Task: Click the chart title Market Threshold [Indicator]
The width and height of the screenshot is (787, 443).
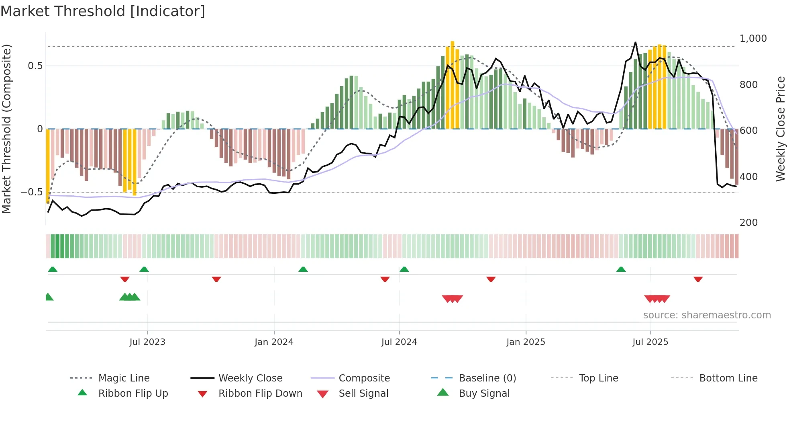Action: click(x=103, y=11)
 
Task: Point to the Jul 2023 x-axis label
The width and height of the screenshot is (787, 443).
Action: click(x=147, y=342)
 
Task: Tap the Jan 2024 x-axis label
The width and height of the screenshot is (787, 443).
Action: click(x=274, y=342)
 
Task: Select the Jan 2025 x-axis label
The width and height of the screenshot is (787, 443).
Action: click(x=526, y=342)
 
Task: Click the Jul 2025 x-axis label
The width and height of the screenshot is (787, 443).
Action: click(x=650, y=342)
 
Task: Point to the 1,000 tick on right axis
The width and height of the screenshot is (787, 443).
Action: click(x=753, y=39)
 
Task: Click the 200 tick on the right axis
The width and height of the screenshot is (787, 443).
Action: click(x=748, y=223)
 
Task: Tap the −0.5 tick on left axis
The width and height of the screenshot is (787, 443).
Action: click(x=32, y=192)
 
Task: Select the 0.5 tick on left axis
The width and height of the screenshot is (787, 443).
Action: click(x=35, y=66)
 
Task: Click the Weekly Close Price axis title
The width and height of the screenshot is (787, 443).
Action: click(x=780, y=129)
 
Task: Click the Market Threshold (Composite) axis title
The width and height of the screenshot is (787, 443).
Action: click(x=6, y=129)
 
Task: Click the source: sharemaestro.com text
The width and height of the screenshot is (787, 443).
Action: click(x=707, y=315)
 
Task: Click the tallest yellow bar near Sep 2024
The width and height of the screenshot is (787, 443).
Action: click(x=453, y=84)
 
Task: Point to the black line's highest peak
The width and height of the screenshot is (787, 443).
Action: click(x=635, y=42)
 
